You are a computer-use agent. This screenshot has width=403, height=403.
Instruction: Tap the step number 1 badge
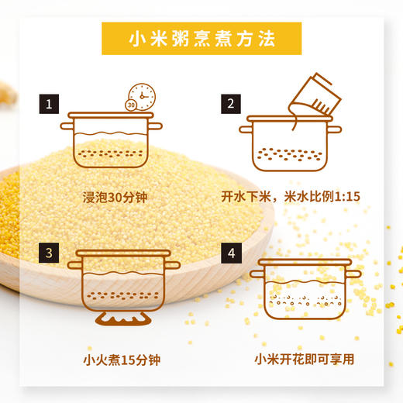click(x=49, y=103)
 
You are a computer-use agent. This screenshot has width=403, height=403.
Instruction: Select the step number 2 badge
click(x=230, y=103)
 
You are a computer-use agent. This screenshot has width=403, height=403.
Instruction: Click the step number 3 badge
click(x=49, y=253)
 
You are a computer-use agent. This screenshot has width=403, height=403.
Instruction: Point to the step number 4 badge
click(x=230, y=253)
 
